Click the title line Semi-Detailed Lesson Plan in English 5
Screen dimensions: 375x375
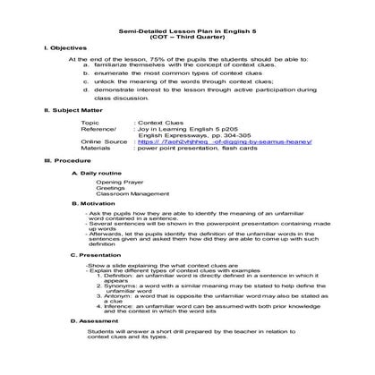(x=187, y=33)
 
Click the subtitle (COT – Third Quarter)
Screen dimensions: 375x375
(x=187, y=39)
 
